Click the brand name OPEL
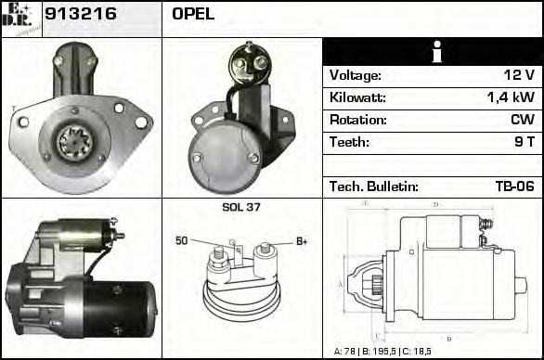tap(193, 14)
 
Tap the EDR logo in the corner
tap(20, 18)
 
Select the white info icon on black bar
tap(432, 52)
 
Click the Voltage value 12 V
tap(518, 75)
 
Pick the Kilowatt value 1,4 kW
tap(510, 97)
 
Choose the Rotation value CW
tap(522, 120)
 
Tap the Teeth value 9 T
tap(525, 142)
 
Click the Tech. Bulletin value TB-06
tap(514, 186)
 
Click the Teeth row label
tap(349, 142)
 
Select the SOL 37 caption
tap(241, 208)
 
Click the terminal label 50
tap(182, 241)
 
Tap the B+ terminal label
tap(301, 241)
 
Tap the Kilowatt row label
tap(356, 97)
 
